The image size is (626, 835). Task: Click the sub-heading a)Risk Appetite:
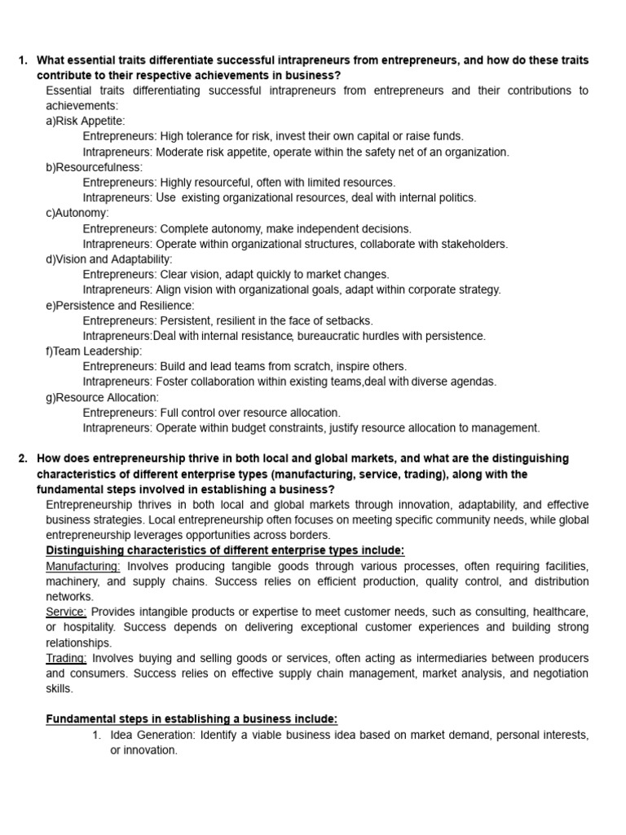[x=86, y=121]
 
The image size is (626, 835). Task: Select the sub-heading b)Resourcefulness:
[x=94, y=167]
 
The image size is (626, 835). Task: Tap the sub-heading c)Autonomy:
[x=77, y=213]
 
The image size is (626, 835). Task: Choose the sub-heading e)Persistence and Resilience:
[x=120, y=305]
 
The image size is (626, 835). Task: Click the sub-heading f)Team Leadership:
[x=94, y=351]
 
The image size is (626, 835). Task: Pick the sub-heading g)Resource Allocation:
[x=102, y=397]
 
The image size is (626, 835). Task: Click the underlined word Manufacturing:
[x=83, y=566]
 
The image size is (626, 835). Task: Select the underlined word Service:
[x=66, y=612]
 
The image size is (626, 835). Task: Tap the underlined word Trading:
[x=67, y=658]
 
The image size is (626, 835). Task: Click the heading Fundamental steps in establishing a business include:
[x=192, y=719]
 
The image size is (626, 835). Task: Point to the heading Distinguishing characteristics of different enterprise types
[x=225, y=550]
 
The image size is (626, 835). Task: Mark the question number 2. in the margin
[x=24, y=458]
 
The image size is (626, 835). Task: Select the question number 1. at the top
[x=24, y=60]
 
